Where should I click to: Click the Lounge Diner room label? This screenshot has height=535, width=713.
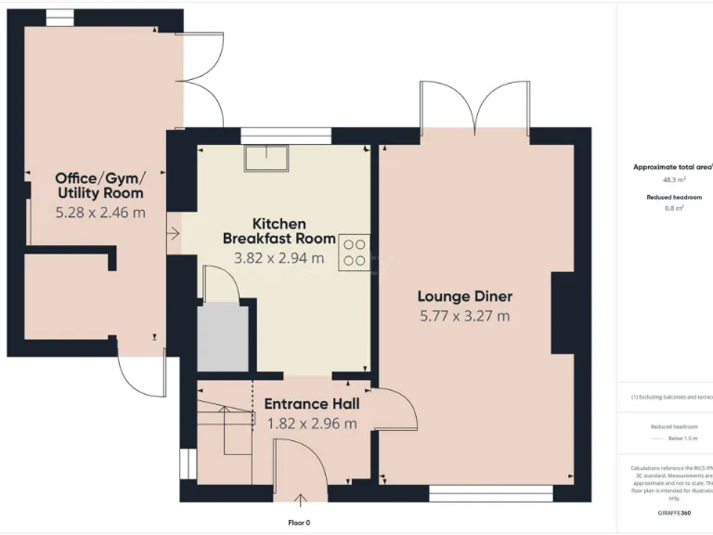(464, 296)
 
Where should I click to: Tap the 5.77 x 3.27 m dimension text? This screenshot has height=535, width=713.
(464, 316)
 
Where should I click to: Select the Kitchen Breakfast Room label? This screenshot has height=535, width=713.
(279, 231)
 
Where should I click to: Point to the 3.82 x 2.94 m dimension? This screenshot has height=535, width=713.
(279, 258)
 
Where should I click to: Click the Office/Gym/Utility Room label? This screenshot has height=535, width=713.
(100, 186)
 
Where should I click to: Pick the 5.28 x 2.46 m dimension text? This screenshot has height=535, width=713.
(100, 212)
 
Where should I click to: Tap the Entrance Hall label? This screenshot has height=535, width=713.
(312, 404)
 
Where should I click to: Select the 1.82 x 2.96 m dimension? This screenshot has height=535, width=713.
(312, 424)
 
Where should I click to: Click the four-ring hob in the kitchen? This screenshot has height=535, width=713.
(354, 253)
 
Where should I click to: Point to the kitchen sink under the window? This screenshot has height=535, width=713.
(266, 159)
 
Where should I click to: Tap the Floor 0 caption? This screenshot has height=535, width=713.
(298, 523)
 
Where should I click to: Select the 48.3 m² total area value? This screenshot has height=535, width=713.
(673, 180)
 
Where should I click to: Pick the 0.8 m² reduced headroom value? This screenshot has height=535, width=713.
(673, 208)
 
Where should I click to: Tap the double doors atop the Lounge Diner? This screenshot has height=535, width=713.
(475, 107)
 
